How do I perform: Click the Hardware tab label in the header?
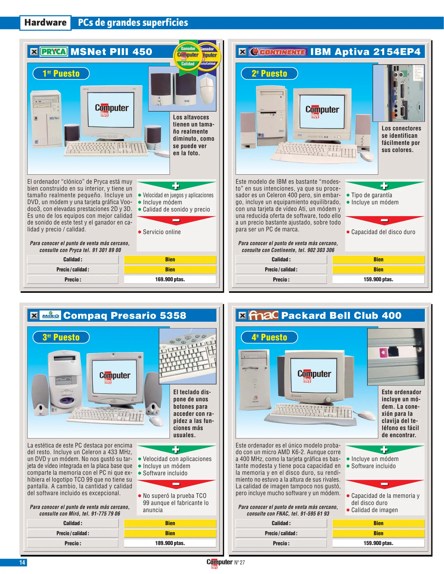[x=45, y=23]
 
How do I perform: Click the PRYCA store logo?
[x=54, y=52]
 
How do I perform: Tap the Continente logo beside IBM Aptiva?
[x=278, y=52]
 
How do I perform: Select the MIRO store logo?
[x=50, y=315]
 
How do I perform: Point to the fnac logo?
[x=263, y=315]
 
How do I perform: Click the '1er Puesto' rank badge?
[x=61, y=74]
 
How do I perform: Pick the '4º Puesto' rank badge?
[x=269, y=337]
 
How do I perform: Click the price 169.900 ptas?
[x=170, y=280]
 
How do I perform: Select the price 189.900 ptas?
[x=170, y=543]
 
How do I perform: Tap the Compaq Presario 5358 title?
[x=125, y=315]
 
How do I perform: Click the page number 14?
[x=22, y=563]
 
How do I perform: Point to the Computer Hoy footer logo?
[x=219, y=563]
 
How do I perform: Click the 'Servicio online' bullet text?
[x=162, y=232]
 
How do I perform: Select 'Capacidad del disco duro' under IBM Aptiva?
[x=383, y=232]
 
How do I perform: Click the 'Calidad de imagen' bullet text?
[x=374, y=510]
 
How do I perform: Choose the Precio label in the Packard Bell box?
[x=281, y=543]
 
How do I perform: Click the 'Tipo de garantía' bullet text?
[x=371, y=195]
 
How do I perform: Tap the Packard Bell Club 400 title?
[x=341, y=315]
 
